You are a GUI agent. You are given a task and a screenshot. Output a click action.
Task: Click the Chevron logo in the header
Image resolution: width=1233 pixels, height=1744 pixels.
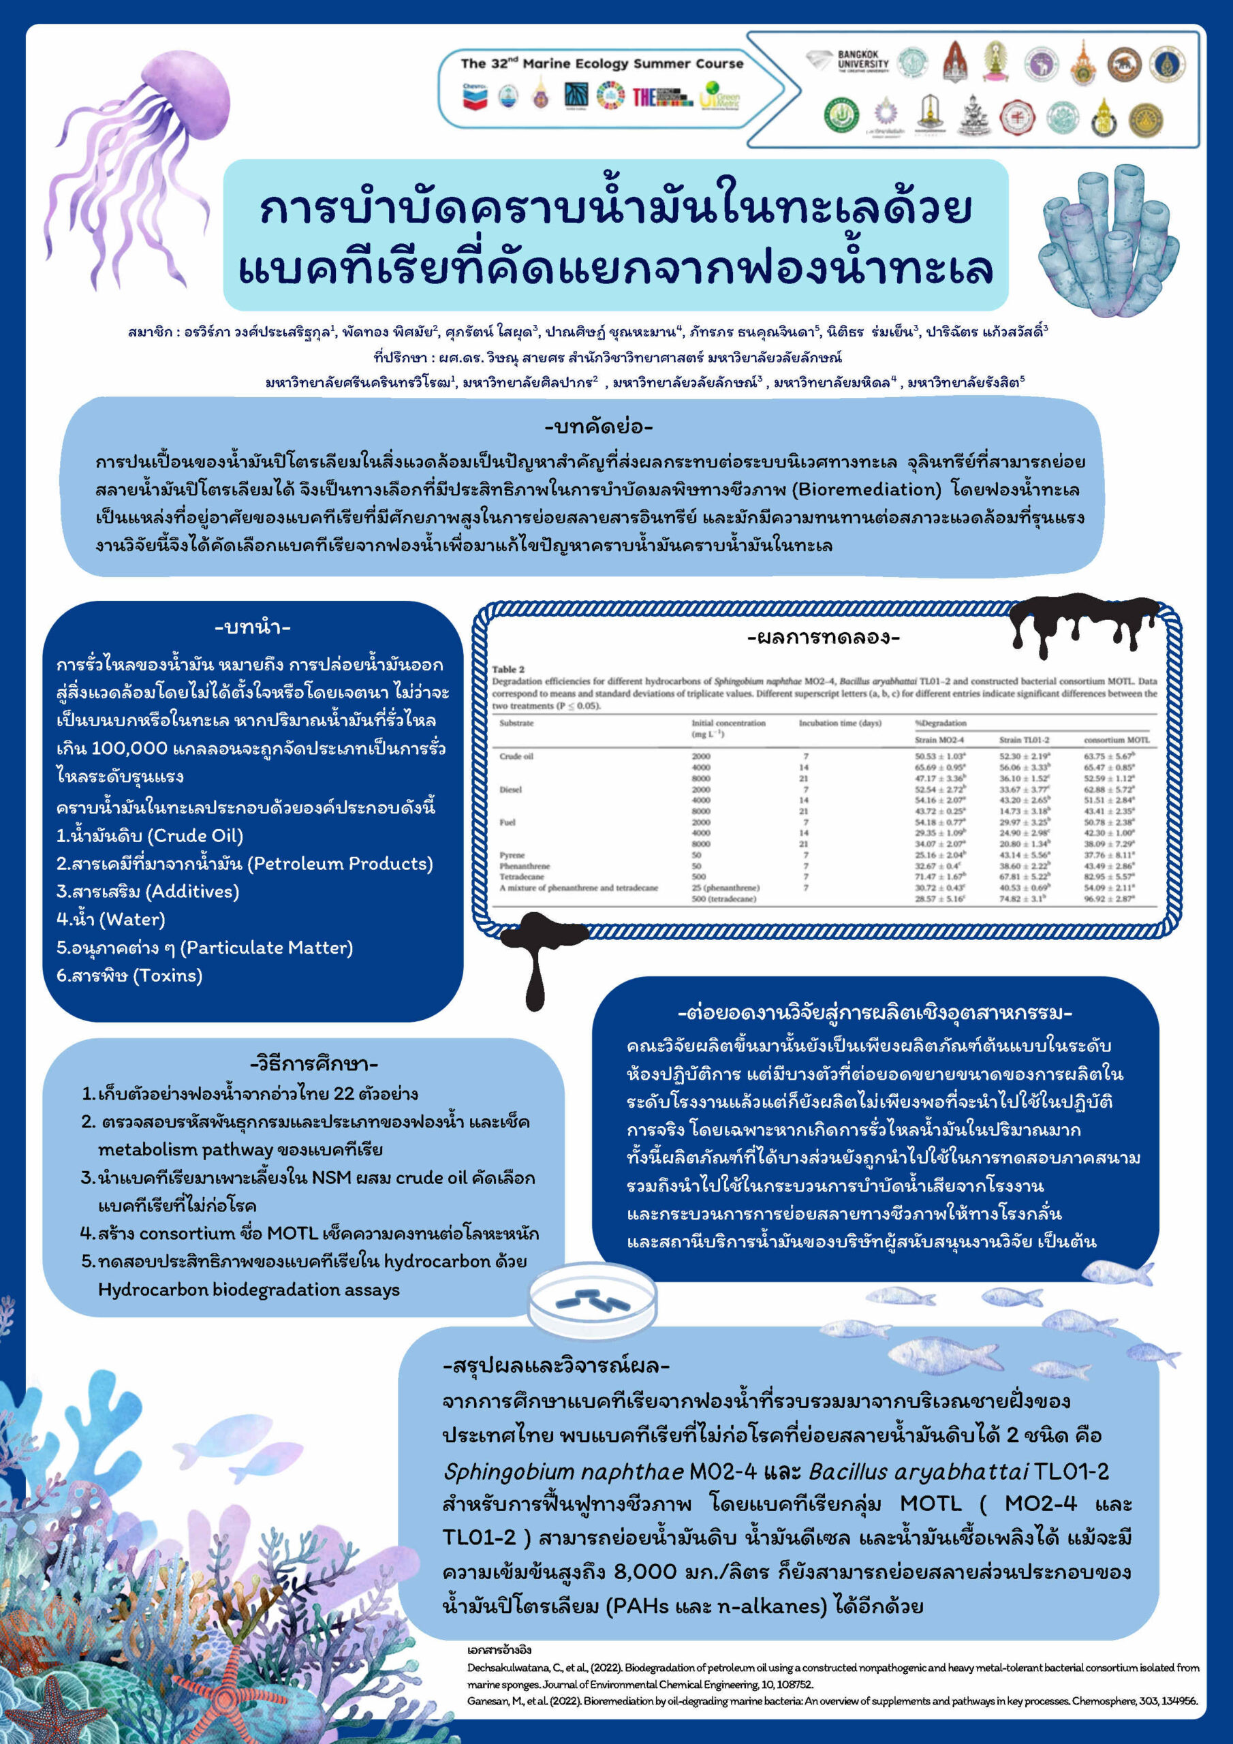pos(474,97)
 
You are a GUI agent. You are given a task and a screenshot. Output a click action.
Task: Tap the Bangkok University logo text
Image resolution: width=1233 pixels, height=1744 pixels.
pos(862,59)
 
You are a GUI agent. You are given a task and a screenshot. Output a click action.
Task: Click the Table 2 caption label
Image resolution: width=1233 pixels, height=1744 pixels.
pos(508,669)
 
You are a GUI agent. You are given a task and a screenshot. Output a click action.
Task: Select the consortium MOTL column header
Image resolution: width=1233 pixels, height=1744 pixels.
pos(1116,740)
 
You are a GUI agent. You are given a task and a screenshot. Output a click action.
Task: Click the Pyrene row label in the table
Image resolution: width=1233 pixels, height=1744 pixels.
pos(512,855)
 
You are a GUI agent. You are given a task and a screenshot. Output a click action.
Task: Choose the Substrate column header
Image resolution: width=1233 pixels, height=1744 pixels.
pos(516,723)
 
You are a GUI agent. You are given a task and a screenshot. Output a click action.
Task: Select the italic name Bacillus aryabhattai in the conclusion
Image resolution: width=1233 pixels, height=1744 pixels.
pos(918,1471)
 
